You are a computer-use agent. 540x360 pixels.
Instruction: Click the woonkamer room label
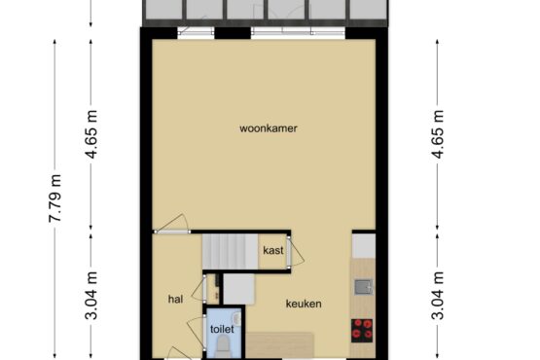pos(269,128)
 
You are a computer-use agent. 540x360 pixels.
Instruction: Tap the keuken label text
pos(304,304)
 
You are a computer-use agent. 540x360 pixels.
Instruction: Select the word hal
pos(175,299)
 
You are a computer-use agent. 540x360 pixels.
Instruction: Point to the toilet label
pos(222,329)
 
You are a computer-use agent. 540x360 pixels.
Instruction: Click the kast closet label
pos(273,250)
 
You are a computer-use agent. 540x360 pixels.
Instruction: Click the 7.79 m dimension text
pos(55,198)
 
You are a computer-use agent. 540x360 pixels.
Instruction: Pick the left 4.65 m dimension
pos(91,134)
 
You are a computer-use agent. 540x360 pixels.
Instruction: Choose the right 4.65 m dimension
pos(438,134)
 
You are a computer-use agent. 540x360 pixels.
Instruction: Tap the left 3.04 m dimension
pos(91,296)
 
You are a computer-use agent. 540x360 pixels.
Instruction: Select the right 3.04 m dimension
pos(438,296)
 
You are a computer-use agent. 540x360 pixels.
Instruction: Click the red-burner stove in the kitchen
pos(362,331)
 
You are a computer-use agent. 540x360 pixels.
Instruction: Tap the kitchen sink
pos(363,287)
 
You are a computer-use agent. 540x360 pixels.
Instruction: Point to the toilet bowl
pos(223,347)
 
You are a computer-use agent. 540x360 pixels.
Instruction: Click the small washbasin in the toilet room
pos(237,317)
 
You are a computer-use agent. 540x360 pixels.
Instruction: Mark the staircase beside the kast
pos(230,251)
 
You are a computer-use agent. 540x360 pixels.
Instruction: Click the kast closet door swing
pos(296,252)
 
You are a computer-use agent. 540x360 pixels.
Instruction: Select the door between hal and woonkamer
pos(172,225)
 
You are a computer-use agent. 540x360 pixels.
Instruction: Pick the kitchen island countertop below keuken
pos(279,345)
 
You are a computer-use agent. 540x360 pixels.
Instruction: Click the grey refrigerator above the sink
pos(364,245)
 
